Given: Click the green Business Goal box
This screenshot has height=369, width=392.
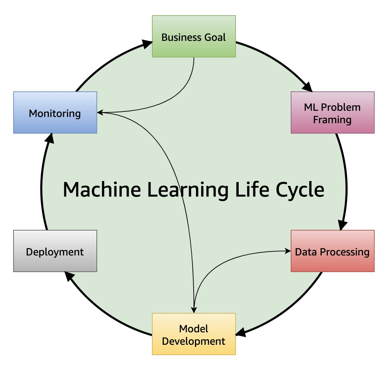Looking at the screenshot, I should point(194,36).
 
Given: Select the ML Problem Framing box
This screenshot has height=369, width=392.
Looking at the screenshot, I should point(332,112).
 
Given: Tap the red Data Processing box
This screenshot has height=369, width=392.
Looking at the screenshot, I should point(332,251).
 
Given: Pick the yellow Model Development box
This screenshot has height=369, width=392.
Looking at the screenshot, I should point(194,334).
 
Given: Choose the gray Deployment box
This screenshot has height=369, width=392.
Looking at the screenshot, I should point(55,251).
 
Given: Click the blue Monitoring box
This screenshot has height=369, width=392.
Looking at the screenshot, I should point(55,112).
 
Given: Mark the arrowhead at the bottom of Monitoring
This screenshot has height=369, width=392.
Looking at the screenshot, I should point(50,138).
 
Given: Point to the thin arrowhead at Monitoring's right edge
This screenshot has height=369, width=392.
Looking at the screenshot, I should point(100,112).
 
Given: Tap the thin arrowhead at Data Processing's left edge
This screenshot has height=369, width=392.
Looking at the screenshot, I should point(288,251).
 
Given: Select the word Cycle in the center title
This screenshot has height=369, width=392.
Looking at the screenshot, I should point(300,189).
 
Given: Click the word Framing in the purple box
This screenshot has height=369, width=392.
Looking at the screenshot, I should point(332,120).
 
